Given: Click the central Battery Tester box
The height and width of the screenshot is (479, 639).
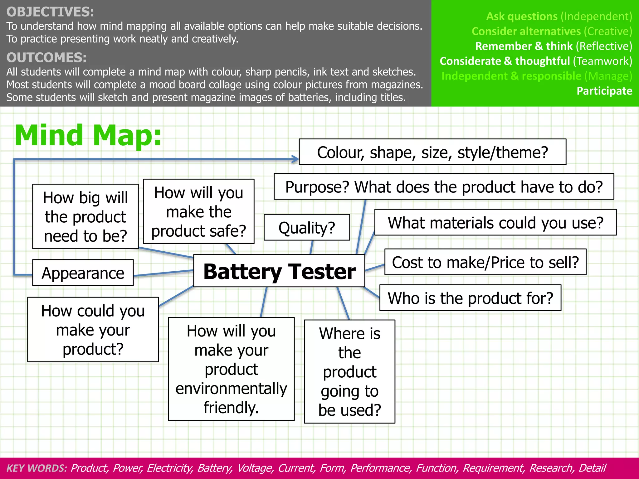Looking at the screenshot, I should [x=279, y=271].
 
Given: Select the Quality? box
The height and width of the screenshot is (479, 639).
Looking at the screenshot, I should [x=307, y=227].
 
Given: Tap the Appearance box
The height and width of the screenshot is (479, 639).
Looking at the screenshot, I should [x=83, y=273].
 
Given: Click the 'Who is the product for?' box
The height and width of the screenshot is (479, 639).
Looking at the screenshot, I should [x=470, y=298].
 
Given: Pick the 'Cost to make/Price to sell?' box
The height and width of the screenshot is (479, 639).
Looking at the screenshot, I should [x=485, y=262].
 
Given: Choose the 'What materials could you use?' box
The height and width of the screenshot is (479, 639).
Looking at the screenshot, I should [x=495, y=222].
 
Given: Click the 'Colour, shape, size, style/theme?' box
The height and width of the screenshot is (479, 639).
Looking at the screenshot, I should [x=432, y=152].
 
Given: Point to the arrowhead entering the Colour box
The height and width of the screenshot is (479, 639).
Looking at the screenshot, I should [x=295, y=159].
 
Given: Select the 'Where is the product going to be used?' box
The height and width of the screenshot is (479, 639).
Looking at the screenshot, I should [x=349, y=371].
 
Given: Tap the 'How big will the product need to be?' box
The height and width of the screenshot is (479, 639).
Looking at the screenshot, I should [x=85, y=216].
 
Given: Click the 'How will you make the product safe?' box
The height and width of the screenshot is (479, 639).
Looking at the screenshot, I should [x=198, y=211].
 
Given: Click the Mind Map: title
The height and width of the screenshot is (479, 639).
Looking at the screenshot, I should [x=88, y=135].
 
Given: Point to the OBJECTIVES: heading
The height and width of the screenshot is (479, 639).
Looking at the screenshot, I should [x=50, y=12].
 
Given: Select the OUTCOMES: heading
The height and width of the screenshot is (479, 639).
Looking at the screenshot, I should [x=46, y=58].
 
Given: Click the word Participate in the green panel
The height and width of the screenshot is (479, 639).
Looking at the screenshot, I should [x=604, y=91].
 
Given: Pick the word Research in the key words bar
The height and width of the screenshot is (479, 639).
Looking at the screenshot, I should [x=551, y=468].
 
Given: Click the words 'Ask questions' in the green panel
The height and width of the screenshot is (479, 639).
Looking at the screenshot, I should [x=522, y=16].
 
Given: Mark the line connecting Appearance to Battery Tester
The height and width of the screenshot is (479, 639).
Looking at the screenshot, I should [x=163, y=273].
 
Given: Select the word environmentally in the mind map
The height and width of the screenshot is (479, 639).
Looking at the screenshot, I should [x=231, y=389].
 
